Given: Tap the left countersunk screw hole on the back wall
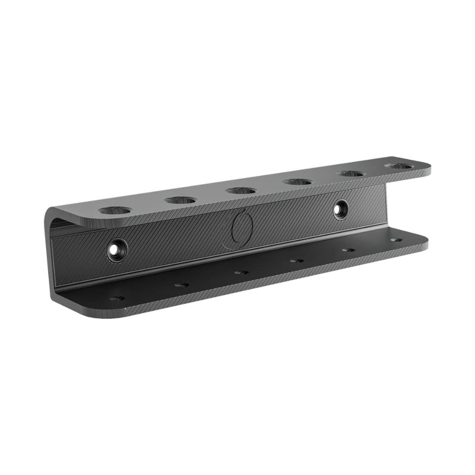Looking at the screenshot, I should [116, 250].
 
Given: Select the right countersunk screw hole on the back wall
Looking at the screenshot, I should [341, 210].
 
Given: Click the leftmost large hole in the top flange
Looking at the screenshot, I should [115, 210].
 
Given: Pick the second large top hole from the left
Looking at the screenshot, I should [180, 200].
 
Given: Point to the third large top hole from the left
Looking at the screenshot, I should [241, 190].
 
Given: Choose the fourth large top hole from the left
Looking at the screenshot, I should [297, 181].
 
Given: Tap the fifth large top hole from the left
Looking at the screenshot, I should [351, 173].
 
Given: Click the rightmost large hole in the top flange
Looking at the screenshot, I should [399, 166].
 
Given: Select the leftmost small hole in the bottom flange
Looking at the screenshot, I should [117, 298].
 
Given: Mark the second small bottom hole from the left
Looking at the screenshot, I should [181, 285].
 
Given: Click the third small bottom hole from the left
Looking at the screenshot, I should [241, 272].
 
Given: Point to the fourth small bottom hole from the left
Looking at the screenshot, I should [297, 261].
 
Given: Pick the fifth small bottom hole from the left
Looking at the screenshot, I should [348, 250].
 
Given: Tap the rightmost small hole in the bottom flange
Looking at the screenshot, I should [396, 240].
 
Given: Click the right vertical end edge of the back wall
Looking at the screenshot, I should [385, 204].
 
